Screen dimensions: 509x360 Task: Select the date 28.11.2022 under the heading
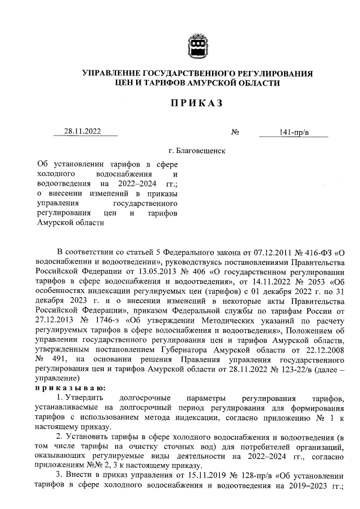(82, 132)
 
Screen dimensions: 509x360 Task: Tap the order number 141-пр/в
(294, 132)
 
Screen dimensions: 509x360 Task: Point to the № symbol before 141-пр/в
(236, 133)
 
